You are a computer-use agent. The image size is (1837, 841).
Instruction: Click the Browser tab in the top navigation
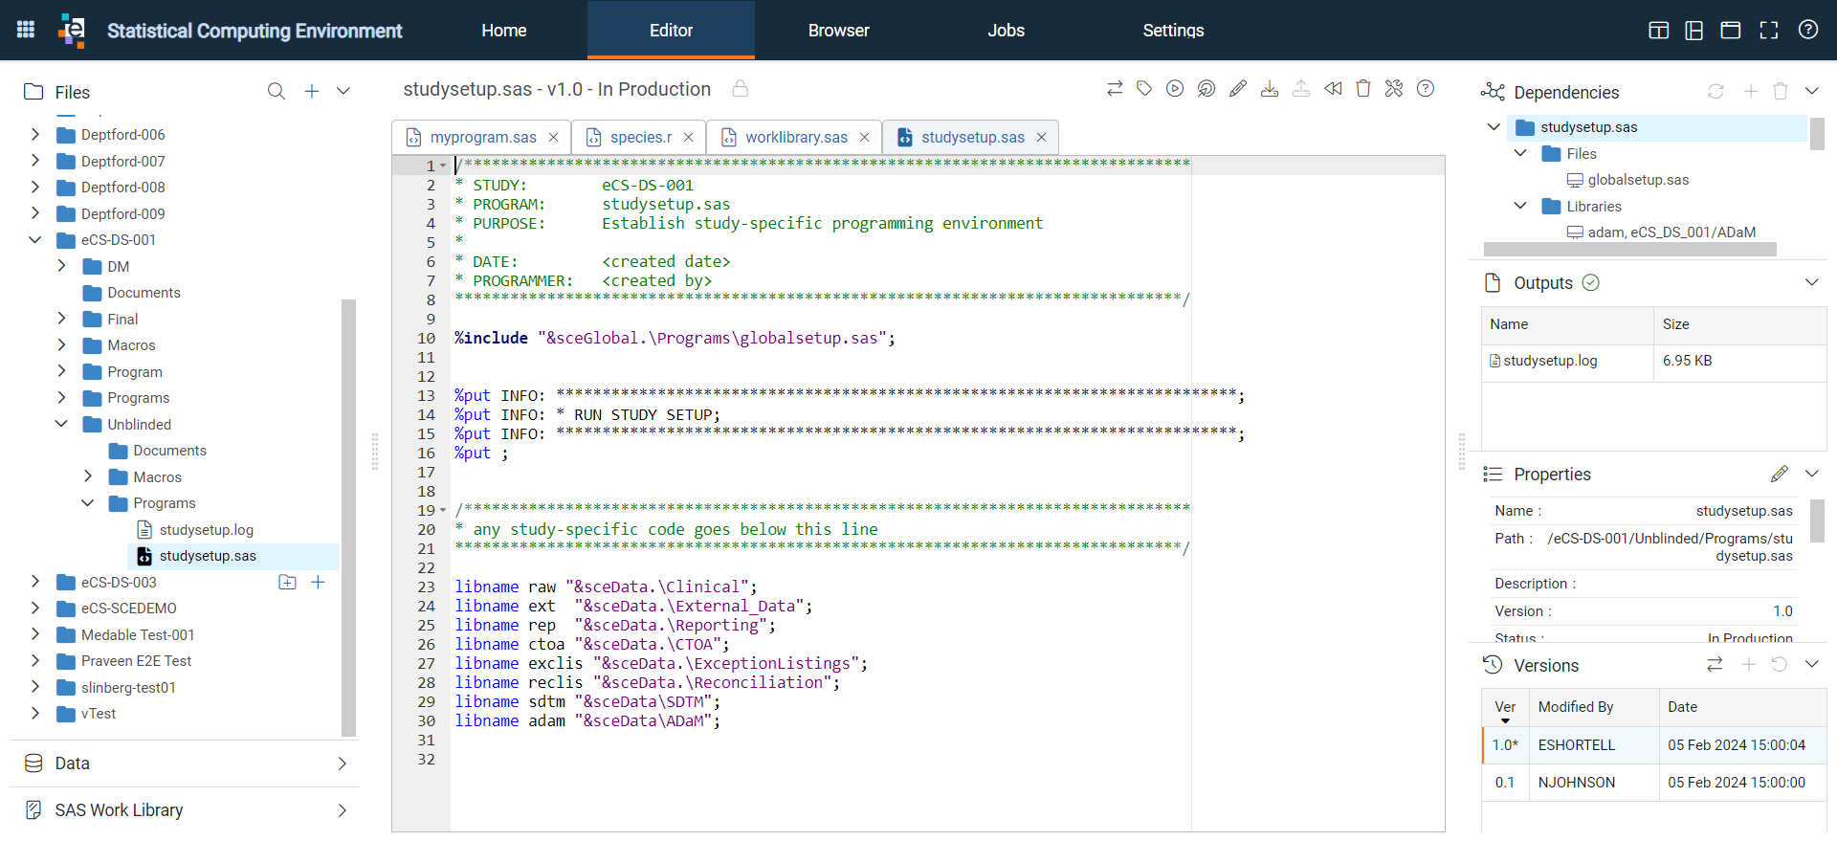pos(838,31)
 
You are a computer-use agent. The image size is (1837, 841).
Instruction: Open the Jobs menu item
pos(1006,31)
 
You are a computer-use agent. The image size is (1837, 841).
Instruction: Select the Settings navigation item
pos(1173,31)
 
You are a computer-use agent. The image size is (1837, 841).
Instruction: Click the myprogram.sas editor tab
pos(483,138)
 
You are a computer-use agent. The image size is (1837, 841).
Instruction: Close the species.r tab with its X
pos(689,138)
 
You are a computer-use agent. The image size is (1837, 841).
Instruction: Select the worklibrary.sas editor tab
pos(796,138)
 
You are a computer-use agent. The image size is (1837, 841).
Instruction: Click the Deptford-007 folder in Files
pos(122,162)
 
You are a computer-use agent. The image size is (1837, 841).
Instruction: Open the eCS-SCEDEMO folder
pos(128,609)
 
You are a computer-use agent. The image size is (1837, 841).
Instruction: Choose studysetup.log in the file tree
pos(206,530)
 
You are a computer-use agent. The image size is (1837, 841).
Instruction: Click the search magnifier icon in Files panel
pos(277,92)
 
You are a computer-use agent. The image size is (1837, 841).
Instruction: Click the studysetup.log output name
pos(1550,361)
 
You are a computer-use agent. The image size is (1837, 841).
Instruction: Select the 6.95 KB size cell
pos(1687,361)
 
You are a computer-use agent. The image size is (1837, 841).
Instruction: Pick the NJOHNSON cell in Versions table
pos(1576,783)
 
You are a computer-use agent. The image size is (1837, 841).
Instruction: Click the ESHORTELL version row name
pos(1576,745)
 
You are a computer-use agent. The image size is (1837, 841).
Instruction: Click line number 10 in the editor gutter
pos(426,339)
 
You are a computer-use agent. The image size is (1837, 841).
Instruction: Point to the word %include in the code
pos(491,339)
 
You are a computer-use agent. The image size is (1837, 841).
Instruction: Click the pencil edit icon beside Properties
pos(1779,475)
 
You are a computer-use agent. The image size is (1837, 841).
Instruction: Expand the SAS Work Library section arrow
pos(343,810)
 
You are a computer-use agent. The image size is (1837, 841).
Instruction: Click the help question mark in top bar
pos(1807,30)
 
